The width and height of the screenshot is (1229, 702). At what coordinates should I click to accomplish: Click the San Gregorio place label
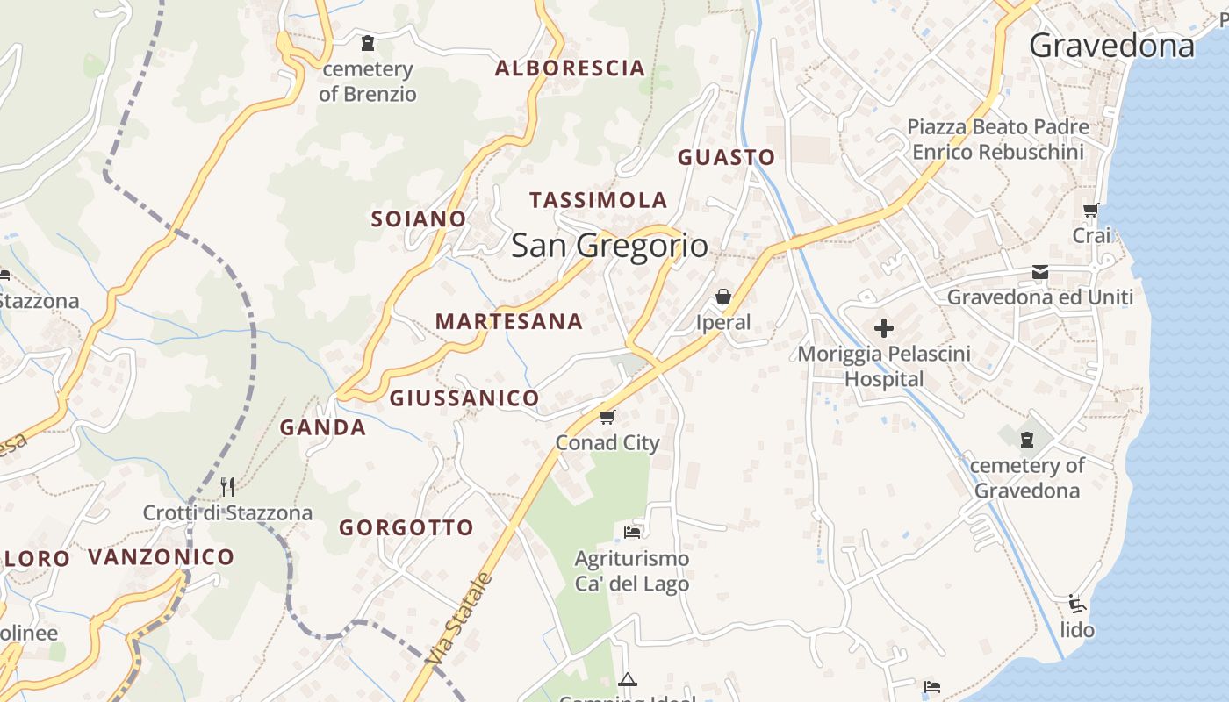pyautogui.click(x=609, y=246)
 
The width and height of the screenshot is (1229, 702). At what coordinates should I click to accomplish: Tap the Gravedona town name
pyautogui.click(x=1111, y=46)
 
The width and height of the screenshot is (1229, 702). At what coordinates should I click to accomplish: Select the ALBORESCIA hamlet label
pyautogui.click(x=570, y=68)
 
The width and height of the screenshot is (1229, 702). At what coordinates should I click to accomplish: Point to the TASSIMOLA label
pyautogui.click(x=598, y=200)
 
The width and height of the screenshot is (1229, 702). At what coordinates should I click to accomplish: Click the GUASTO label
pyautogui.click(x=726, y=158)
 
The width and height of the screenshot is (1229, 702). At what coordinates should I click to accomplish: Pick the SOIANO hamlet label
pyautogui.click(x=418, y=219)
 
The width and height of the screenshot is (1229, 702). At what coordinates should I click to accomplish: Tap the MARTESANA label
pyautogui.click(x=509, y=322)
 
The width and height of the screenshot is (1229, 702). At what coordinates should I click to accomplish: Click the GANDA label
pyautogui.click(x=323, y=428)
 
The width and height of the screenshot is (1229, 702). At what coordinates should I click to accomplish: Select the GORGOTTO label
pyautogui.click(x=406, y=528)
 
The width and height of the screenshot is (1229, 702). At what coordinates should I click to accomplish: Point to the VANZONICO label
pyautogui.click(x=162, y=557)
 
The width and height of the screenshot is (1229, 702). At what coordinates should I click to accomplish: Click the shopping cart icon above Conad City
pyautogui.click(x=607, y=416)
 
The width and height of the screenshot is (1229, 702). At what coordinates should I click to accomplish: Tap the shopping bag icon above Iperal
pyautogui.click(x=723, y=297)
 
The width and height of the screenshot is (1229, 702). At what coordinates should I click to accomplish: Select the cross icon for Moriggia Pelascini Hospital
pyautogui.click(x=884, y=328)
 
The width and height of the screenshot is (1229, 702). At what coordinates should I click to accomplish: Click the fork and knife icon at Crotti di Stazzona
pyautogui.click(x=227, y=486)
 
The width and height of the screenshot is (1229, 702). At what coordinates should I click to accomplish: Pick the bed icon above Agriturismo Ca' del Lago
pyautogui.click(x=632, y=532)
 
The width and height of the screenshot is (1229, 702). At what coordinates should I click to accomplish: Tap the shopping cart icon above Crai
pyautogui.click(x=1091, y=210)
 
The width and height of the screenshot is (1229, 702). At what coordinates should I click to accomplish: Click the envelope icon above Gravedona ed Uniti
pyautogui.click(x=1040, y=272)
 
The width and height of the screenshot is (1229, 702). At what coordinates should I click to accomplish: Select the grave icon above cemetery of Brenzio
pyautogui.click(x=368, y=42)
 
